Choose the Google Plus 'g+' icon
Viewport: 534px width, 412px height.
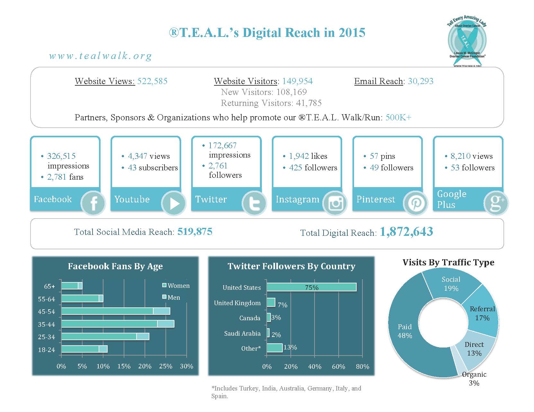(496, 203)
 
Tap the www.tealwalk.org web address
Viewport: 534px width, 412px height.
(100, 56)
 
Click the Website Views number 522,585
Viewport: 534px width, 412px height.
(152, 81)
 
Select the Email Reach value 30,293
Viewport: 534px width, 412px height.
(421, 81)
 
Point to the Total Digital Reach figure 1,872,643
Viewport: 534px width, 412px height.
(406, 232)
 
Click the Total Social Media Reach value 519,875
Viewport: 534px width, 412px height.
(195, 232)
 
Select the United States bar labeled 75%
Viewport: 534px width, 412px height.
(311, 287)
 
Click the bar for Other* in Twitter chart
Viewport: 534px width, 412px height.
(274, 348)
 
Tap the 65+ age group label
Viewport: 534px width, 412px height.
(49, 286)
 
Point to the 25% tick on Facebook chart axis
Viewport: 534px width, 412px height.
(166, 366)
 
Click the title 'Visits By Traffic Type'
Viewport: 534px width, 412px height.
(448, 262)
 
